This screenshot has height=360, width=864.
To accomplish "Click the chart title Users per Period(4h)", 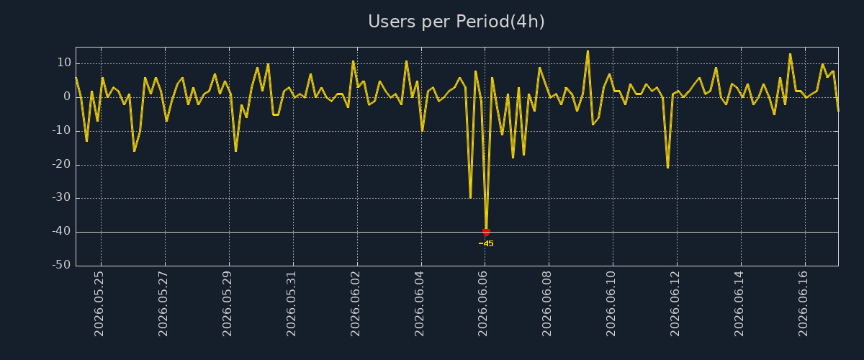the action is point(456,22).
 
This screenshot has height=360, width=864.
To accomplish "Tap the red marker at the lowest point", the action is point(486,233).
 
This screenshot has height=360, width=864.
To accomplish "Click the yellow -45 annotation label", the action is point(486,244).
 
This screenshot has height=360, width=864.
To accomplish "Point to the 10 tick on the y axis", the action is point(64,63).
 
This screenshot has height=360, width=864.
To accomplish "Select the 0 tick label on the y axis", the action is point(67,97).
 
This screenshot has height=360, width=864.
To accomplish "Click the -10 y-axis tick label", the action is point(62,131).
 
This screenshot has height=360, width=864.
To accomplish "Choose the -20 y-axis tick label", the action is point(62,165).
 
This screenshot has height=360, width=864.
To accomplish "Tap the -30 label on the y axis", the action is point(62,198).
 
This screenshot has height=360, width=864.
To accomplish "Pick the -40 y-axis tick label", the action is point(62,232).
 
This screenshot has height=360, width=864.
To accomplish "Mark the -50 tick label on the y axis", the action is point(62,265).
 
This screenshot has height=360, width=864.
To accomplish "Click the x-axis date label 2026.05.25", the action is point(99,304).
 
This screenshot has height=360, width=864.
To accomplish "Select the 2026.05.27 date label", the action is point(163,304).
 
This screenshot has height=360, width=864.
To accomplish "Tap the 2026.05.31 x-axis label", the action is point(291,304).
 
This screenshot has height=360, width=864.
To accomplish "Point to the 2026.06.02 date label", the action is point(355,304).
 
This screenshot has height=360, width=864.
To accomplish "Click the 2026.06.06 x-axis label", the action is point(482,304).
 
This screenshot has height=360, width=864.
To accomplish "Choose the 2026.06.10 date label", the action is point(611,304).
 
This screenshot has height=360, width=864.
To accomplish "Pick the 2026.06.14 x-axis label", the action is point(739,304).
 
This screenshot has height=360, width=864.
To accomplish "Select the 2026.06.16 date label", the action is point(803,304).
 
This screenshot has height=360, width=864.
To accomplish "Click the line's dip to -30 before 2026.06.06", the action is point(470,198).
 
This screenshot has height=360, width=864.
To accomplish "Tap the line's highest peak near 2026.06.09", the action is point(588,51).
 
